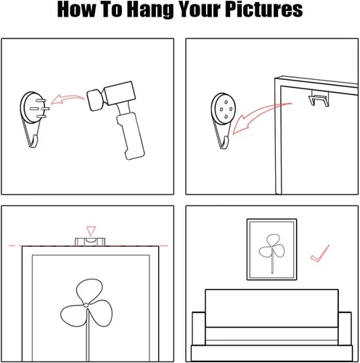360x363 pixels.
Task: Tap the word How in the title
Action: tap(76, 9)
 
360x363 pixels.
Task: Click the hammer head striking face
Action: tap(93, 100)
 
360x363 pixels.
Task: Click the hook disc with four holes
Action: tap(223, 109)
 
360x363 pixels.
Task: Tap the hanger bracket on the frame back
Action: tap(319, 98)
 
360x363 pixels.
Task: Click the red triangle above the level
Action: tap(91, 231)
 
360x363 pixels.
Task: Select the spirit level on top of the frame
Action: tap(90, 242)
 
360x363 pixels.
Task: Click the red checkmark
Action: tap(320, 254)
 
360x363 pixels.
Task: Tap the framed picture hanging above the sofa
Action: tap(271, 250)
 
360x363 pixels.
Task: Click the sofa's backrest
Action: tap(271, 308)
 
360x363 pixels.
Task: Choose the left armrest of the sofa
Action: tap(199, 329)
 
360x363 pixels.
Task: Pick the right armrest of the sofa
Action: tap(345, 329)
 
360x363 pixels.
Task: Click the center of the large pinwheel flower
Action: tap(86, 305)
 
